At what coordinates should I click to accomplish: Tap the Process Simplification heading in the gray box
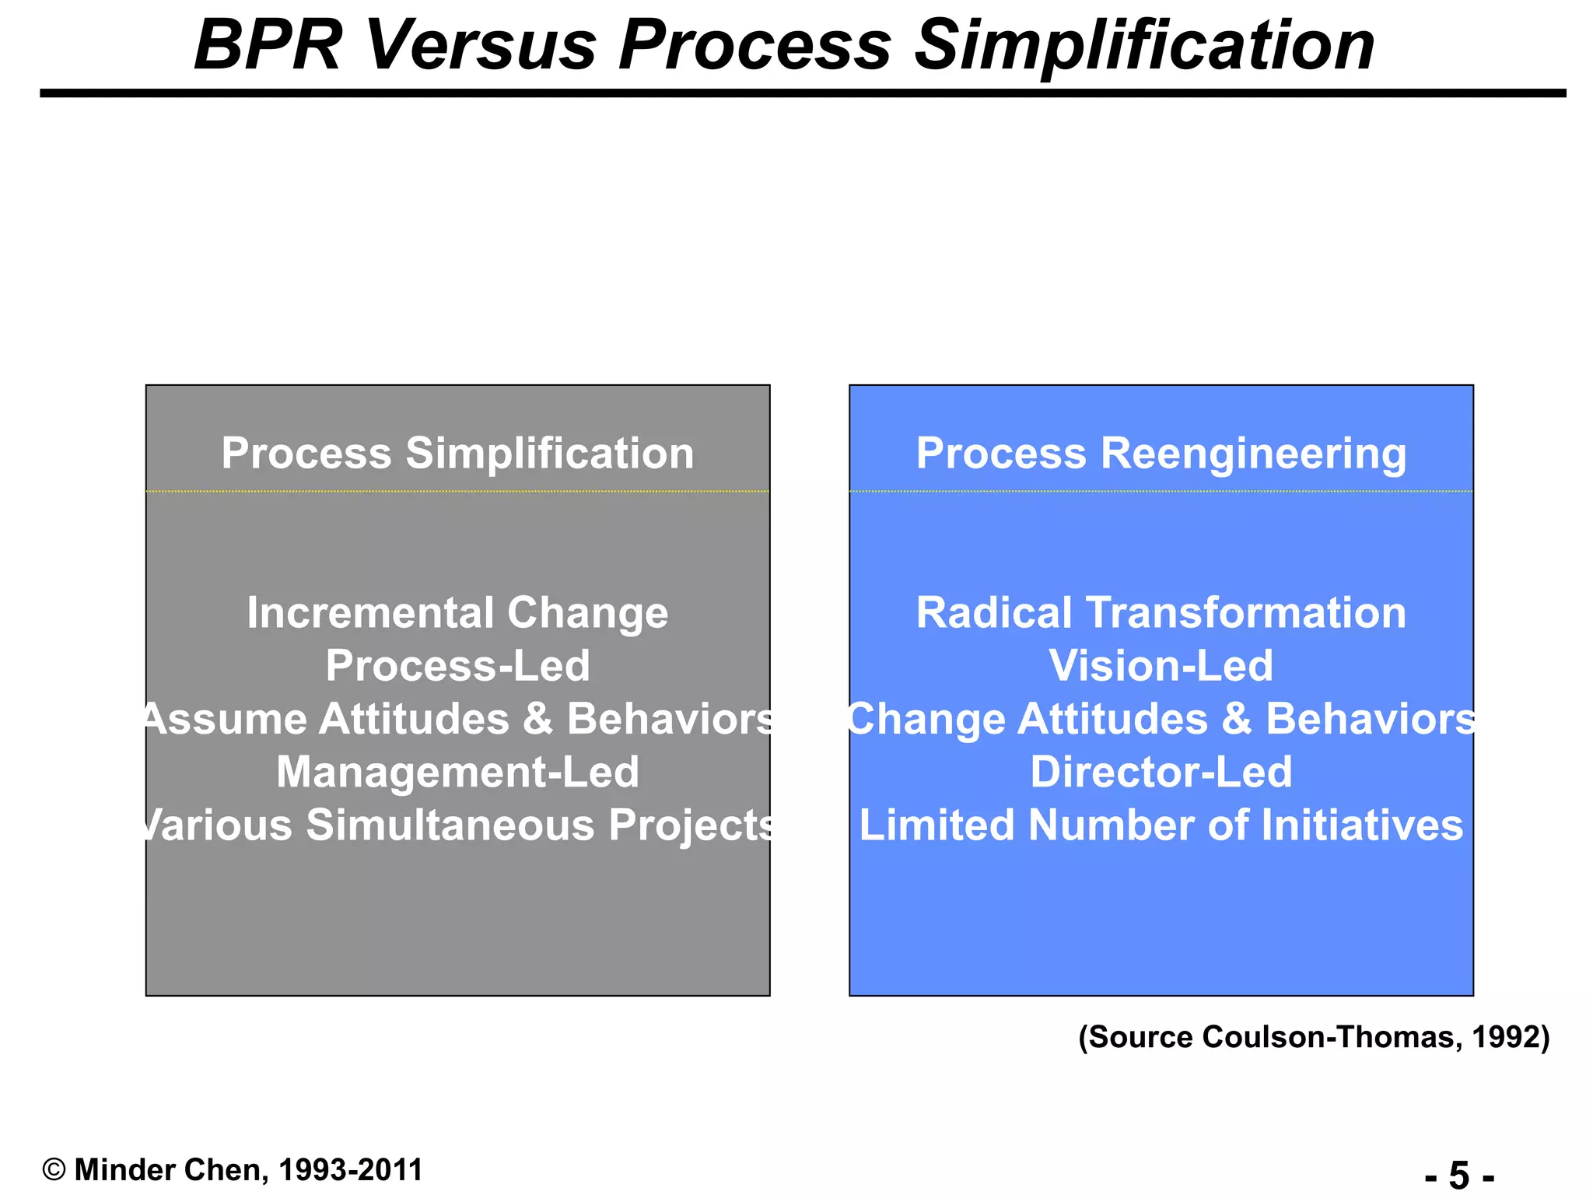coord(457,453)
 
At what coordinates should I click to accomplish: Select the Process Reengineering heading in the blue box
coord(1161,453)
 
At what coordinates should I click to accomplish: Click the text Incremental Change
coord(457,613)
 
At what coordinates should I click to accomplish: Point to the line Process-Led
coord(457,666)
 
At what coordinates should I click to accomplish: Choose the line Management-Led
coord(457,772)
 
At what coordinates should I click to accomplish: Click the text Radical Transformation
coord(1161,613)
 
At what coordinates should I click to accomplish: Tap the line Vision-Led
coord(1161,666)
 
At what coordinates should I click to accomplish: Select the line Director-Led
coord(1161,772)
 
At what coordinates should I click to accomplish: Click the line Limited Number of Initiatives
coord(1161,825)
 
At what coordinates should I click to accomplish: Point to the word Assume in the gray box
coord(226,719)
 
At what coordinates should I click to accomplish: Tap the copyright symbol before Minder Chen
coord(54,1169)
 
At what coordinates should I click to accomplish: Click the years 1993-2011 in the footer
coord(350,1169)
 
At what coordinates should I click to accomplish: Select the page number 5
coord(1459,1175)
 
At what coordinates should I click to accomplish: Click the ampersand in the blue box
coord(1236,719)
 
